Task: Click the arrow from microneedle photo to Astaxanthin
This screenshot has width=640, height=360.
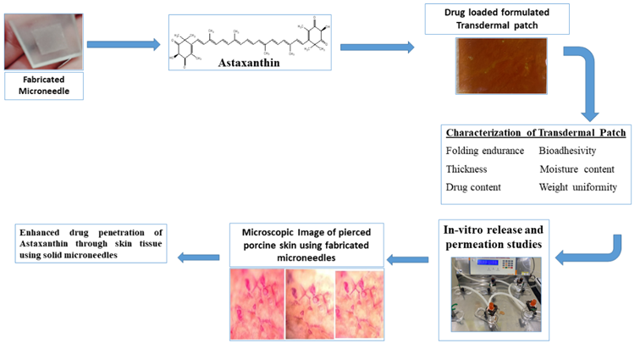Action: point(124,43)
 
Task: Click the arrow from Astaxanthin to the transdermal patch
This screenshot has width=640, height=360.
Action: point(377,47)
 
